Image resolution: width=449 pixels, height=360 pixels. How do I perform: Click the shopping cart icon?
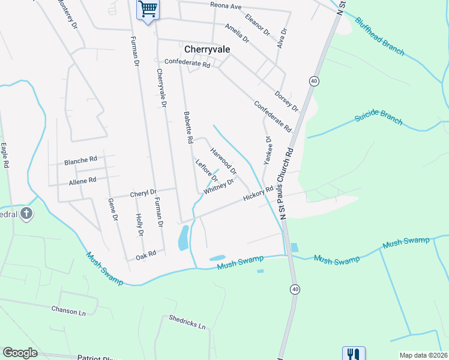147,10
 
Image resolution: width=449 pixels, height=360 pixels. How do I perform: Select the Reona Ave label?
226,6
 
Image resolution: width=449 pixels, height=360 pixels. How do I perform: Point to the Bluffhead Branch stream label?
379,36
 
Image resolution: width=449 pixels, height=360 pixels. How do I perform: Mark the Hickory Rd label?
258,193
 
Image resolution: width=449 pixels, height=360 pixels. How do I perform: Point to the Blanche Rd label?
80,161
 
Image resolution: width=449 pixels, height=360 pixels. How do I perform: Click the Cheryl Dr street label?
143,193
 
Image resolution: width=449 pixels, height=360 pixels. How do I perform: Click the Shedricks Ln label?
187,322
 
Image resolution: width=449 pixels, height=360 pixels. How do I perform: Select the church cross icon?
26,213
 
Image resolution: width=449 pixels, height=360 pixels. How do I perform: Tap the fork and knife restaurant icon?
354,353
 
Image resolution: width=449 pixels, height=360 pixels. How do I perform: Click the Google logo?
20,353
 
